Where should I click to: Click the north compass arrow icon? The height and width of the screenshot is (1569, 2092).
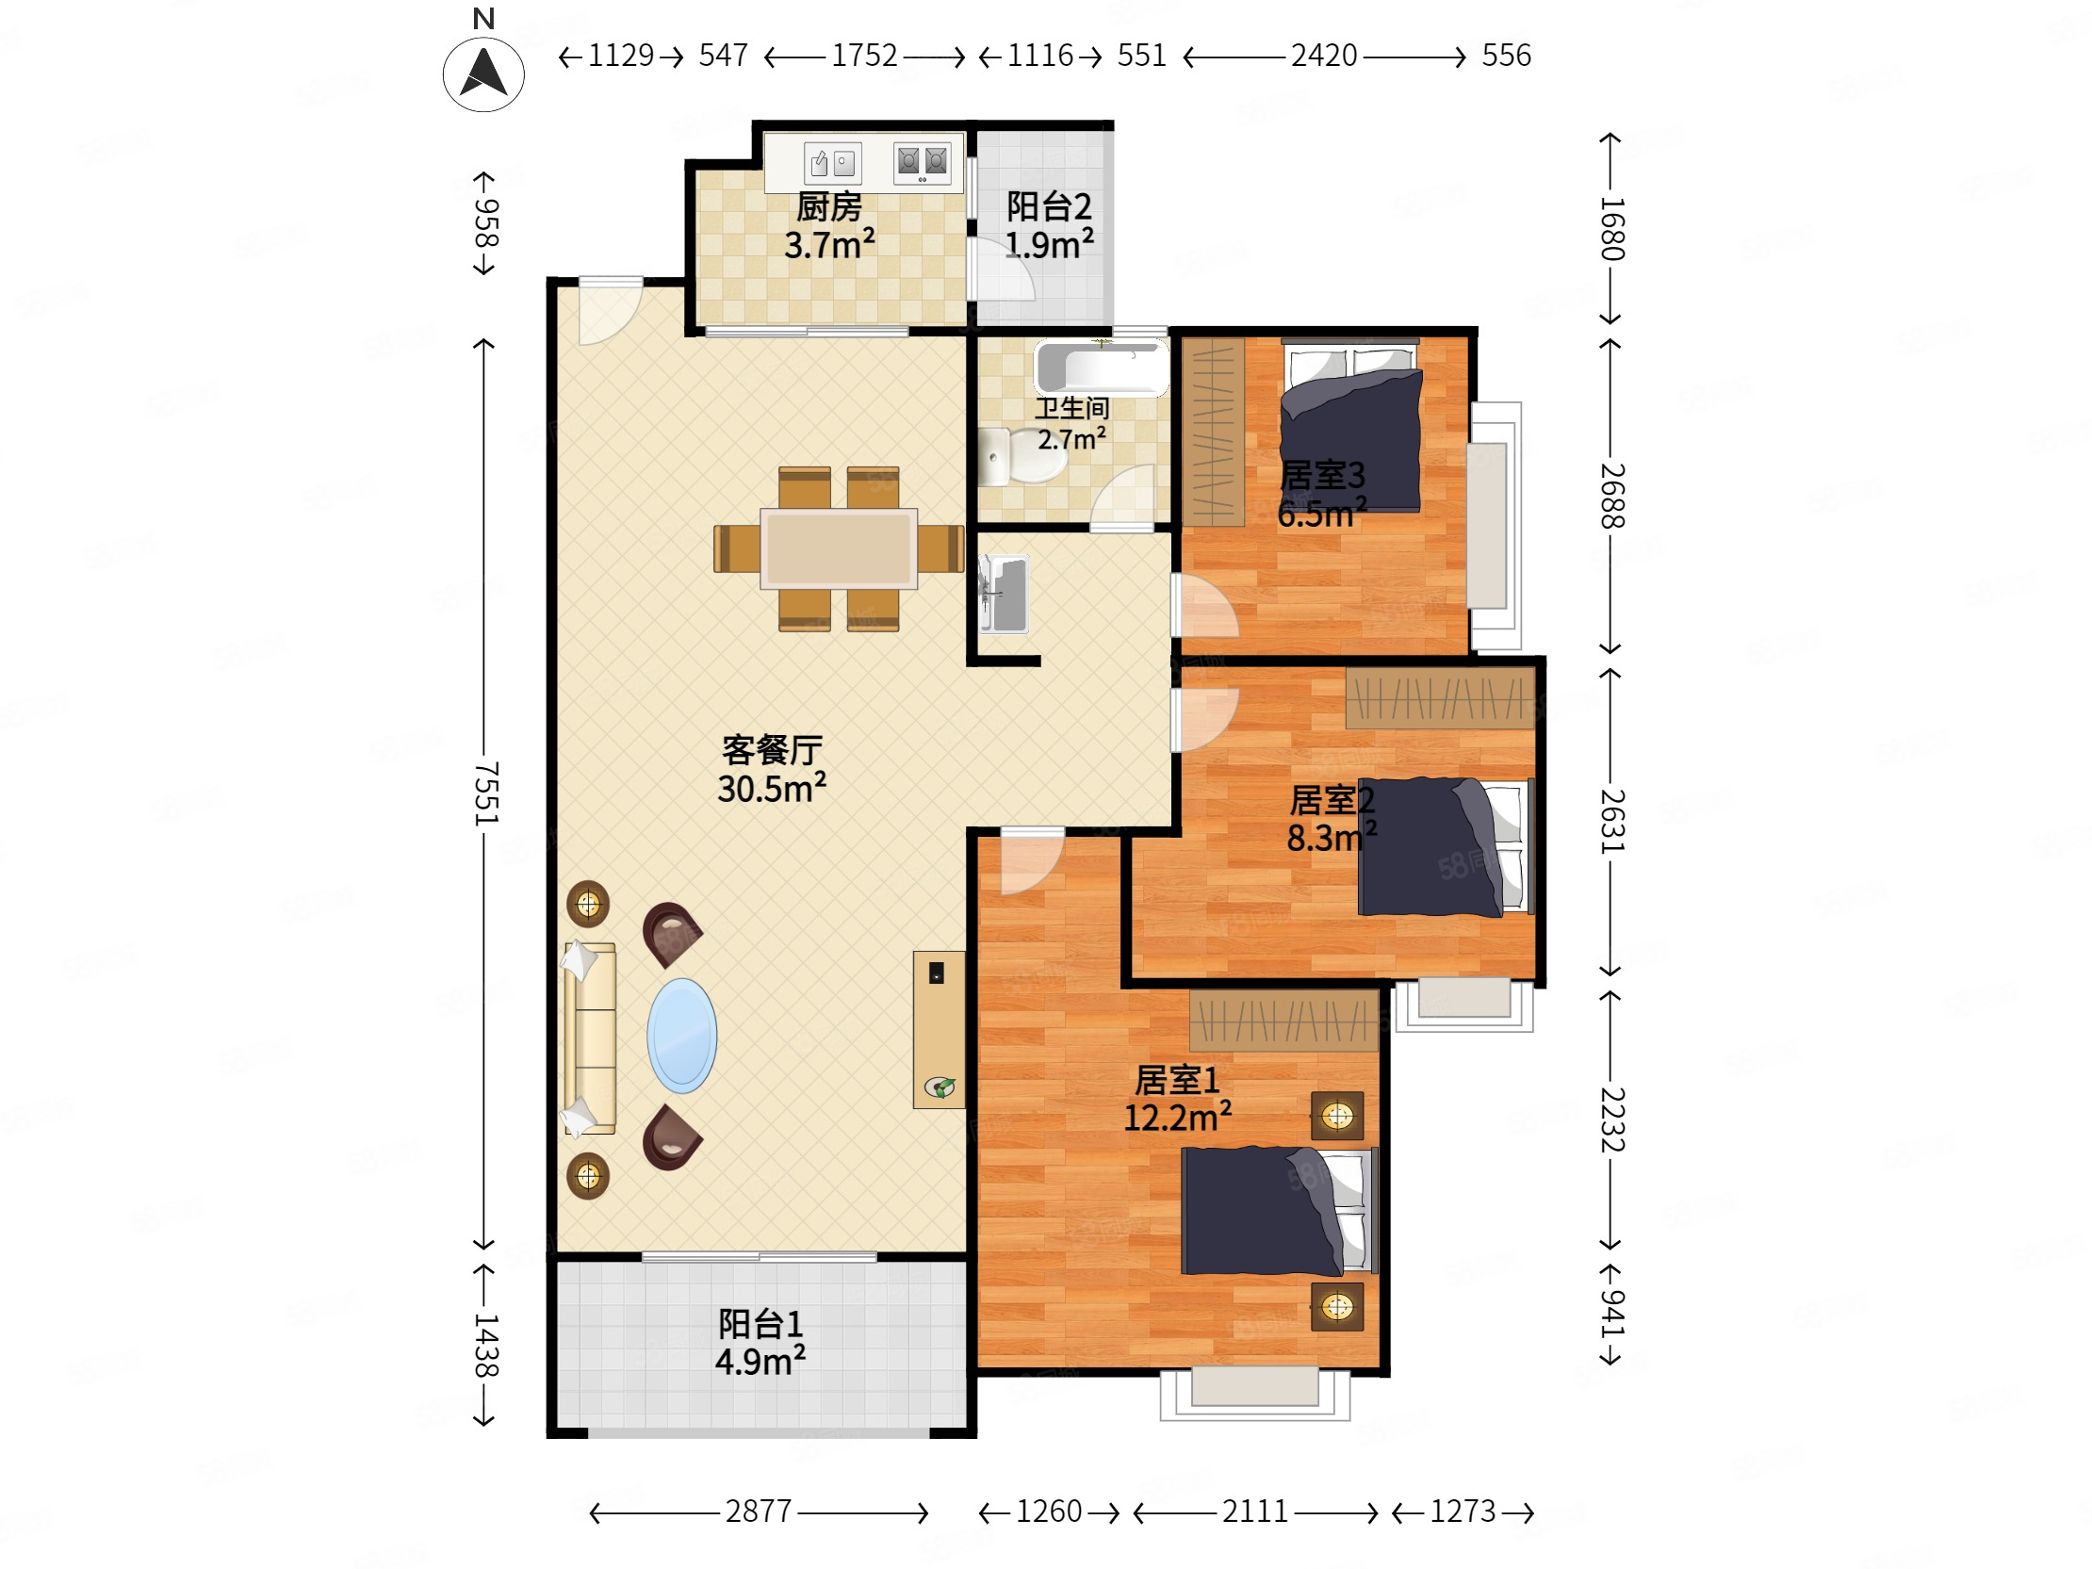click(x=483, y=74)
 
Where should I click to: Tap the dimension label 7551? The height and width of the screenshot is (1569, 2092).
click(x=485, y=793)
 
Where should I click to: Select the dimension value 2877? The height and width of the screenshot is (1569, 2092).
click(x=759, y=1512)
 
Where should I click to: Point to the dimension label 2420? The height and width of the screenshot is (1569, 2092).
click(x=1324, y=56)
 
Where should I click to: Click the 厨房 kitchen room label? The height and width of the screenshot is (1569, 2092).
click(x=828, y=206)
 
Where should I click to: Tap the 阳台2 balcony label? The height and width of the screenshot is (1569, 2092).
click(x=1049, y=206)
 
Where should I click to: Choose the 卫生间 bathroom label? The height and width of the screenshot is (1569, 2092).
click(x=1071, y=409)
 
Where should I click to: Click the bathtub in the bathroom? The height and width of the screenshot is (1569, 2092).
click(x=1102, y=367)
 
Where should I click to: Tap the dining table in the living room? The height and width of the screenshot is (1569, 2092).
click(x=839, y=548)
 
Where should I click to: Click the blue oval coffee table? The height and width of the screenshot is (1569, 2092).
click(x=682, y=1036)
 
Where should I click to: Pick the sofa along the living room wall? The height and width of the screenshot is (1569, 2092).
click(x=590, y=1038)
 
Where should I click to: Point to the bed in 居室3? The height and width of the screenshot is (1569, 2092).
click(x=1350, y=426)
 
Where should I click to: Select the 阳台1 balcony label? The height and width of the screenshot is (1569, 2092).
click(x=760, y=1324)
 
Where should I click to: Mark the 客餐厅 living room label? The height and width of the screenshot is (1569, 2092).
click(x=772, y=750)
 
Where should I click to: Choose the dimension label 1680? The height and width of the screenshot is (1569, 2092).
click(x=1612, y=229)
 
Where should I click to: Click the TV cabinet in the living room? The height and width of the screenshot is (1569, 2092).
click(x=940, y=1029)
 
